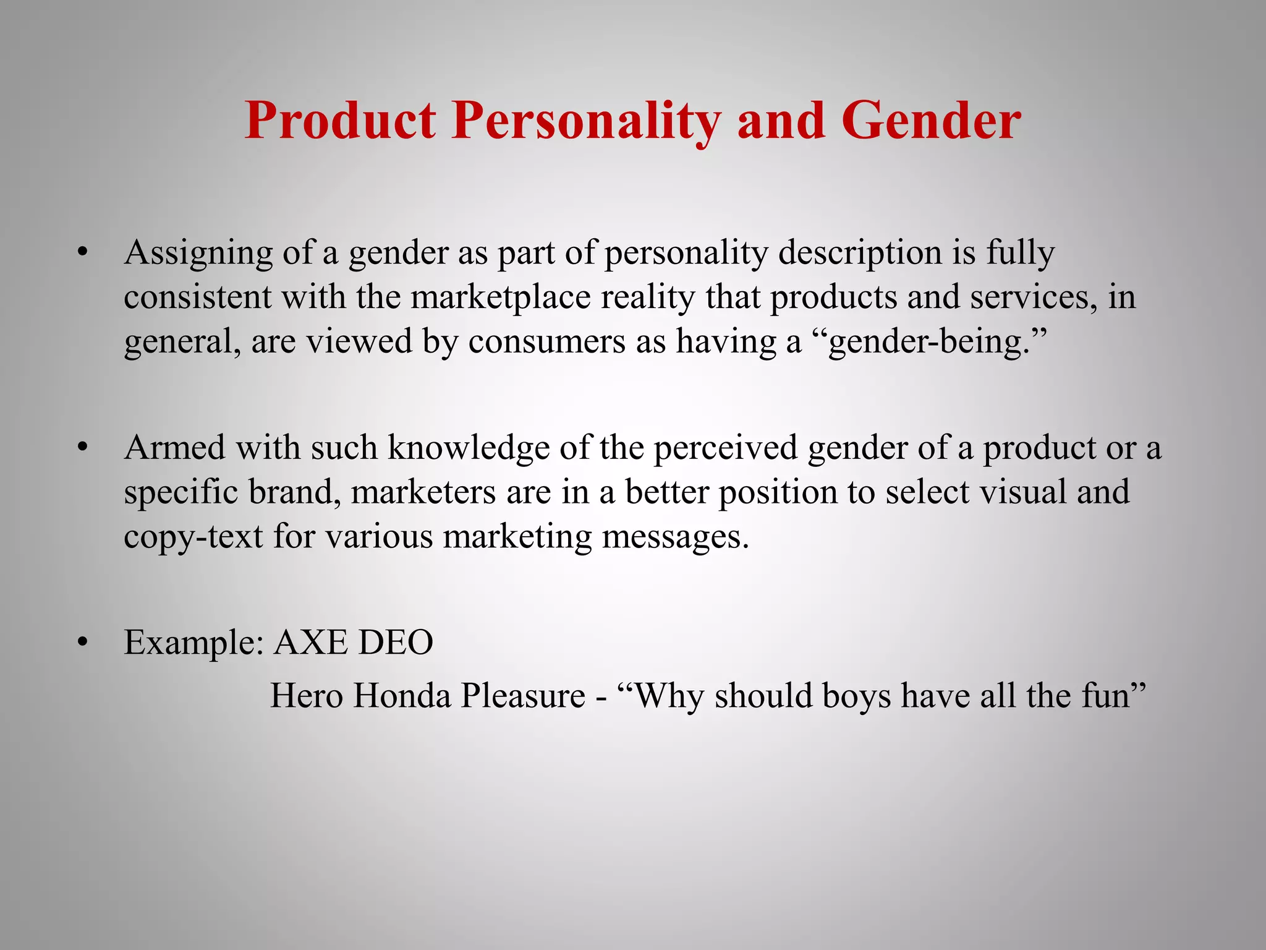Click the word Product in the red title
tap(341, 121)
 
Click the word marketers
tap(423, 492)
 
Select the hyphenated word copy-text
tap(193, 537)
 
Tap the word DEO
tap(396, 643)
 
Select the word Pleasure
tap(523, 696)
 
